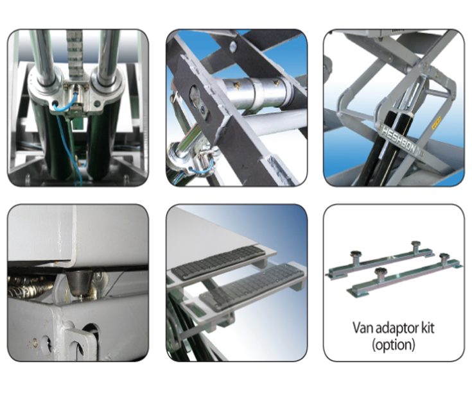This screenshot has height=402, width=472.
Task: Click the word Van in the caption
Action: (363, 328)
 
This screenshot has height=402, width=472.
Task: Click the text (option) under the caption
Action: (394, 344)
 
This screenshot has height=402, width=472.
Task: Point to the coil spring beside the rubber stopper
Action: (29, 287)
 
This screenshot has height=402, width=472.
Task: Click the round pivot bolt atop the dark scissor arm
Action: (233, 46)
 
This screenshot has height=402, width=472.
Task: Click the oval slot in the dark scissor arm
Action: (198, 104)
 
